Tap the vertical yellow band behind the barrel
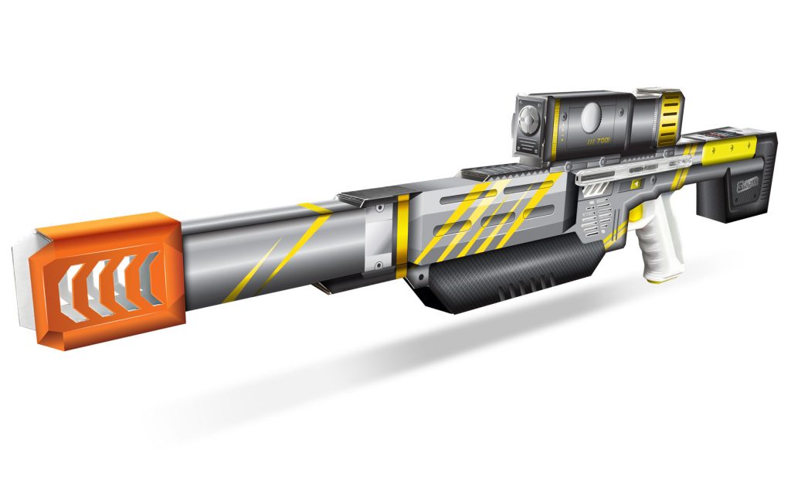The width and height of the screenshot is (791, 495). pos(403,236)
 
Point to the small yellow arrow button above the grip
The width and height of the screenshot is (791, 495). pos(635,184)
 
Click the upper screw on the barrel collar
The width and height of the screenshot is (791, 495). pos(380,209)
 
